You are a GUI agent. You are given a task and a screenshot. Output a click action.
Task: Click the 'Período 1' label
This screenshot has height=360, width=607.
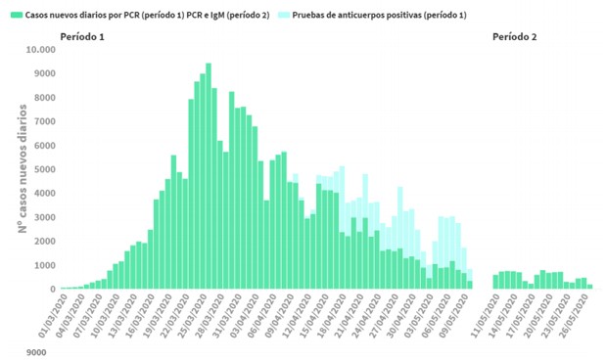tap(82, 36)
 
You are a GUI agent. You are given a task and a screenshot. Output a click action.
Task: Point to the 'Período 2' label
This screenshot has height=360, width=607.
tap(514, 36)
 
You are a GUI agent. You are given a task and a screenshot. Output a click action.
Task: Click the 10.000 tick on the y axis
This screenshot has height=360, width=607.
tap(39, 50)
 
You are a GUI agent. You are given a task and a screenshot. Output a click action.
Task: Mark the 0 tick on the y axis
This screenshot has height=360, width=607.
tap(50, 290)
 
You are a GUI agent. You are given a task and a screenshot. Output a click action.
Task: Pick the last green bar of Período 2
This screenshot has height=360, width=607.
tap(589, 287)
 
